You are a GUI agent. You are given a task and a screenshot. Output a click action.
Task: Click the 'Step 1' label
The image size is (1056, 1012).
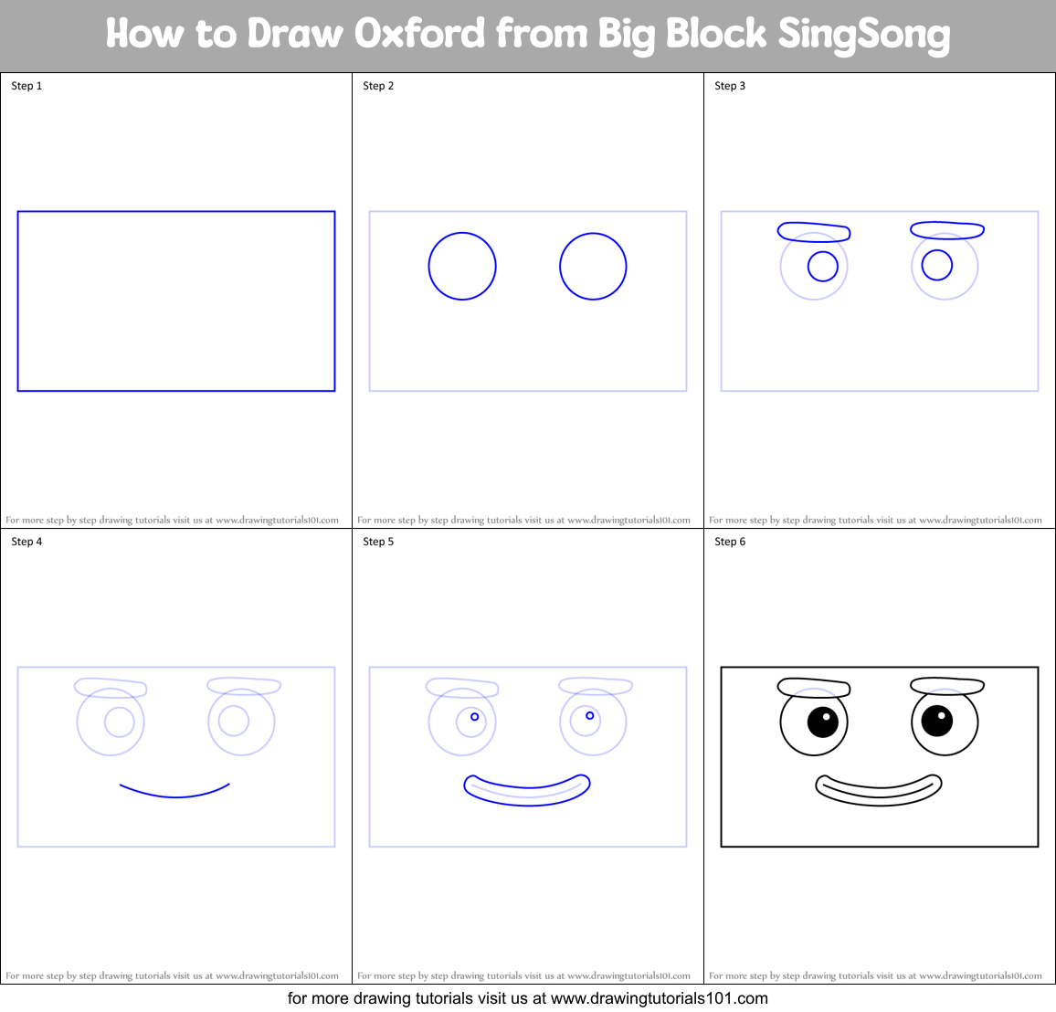[26, 86]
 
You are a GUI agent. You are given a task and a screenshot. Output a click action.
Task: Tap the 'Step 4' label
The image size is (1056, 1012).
[26, 542]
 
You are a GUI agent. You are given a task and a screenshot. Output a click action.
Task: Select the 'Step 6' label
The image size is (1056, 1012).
[730, 542]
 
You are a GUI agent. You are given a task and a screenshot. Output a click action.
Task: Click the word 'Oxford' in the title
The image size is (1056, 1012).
[419, 35]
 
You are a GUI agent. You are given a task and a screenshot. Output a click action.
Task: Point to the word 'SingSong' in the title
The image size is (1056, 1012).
[863, 35]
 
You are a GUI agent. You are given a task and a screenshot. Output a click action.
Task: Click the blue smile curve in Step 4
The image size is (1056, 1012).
[175, 796]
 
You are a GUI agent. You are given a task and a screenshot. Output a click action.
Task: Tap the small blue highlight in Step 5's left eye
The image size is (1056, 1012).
[475, 717]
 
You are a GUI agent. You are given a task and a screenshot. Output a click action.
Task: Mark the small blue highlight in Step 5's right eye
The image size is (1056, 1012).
[590, 715]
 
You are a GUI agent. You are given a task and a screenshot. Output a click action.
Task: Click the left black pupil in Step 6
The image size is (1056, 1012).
[823, 722]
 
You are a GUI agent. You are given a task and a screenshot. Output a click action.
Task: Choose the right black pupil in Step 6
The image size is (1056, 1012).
[937, 721]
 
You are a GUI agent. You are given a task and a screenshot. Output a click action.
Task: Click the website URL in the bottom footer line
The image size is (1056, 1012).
[659, 998]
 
